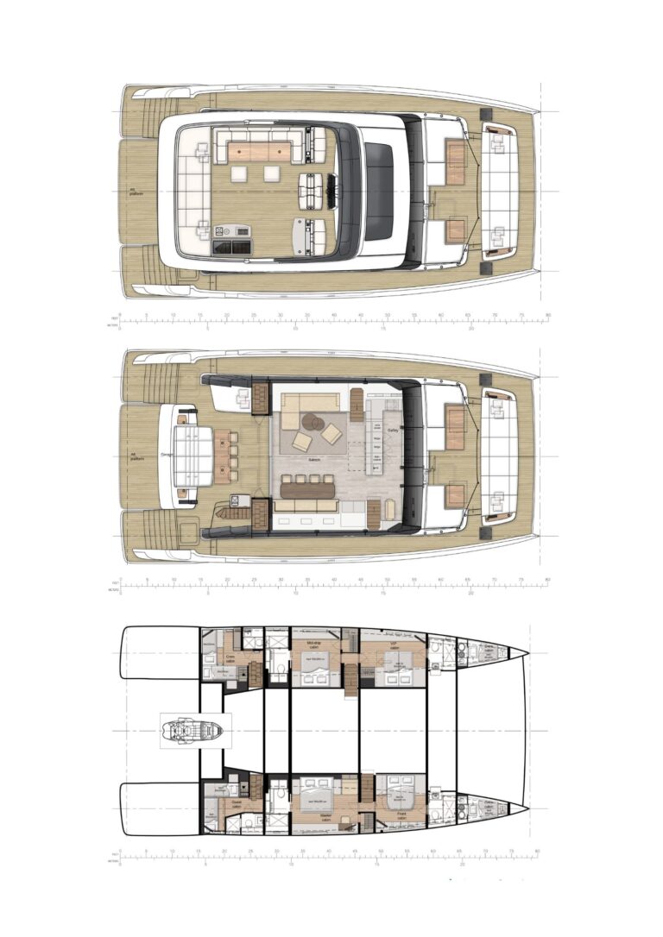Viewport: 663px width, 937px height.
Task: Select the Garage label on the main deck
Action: [x=167, y=453]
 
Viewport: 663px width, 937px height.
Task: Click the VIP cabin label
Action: [x=392, y=645]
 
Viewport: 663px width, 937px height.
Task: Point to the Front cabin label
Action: [x=401, y=814]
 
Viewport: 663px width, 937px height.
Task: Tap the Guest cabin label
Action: [x=236, y=805]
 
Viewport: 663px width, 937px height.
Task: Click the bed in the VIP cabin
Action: [x=396, y=663]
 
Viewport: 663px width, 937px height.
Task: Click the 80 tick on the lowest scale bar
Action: [x=537, y=851]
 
